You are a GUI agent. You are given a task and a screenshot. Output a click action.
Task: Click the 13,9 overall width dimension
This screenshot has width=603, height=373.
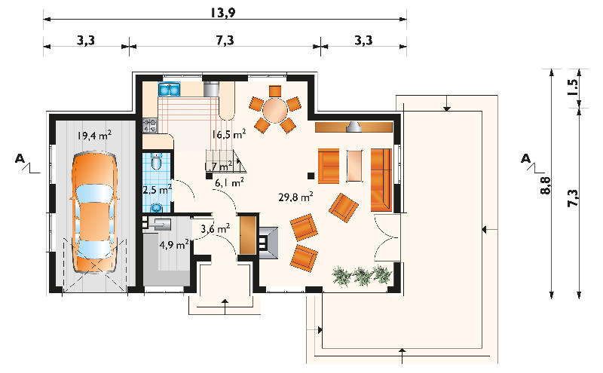(x=223, y=12)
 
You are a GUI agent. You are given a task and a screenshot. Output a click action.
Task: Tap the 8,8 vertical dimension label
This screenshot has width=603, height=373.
(x=545, y=185)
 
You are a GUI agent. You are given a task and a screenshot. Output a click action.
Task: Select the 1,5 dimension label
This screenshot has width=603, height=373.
(x=572, y=87)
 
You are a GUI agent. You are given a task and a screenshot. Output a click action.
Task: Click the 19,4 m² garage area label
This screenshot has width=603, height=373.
(x=94, y=136)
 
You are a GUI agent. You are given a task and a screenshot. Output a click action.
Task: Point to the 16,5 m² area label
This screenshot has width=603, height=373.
(x=228, y=134)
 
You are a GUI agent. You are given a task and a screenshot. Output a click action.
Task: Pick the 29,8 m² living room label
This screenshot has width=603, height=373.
(x=295, y=197)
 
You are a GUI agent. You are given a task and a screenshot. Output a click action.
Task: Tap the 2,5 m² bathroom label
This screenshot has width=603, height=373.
(x=157, y=190)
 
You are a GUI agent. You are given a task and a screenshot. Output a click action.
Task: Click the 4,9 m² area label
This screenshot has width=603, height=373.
(x=174, y=245)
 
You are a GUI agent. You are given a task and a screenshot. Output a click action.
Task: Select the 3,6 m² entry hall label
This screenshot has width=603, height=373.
(x=216, y=229)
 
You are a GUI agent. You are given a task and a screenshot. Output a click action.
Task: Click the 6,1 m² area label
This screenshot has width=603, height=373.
(x=229, y=182)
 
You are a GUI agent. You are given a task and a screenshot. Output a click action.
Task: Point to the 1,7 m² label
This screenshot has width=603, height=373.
(x=219, y=166)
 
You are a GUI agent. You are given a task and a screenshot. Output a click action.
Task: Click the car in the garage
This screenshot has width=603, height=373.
(x=94, y=212)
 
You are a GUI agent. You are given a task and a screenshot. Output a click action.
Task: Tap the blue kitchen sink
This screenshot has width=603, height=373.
(x=169, y=90)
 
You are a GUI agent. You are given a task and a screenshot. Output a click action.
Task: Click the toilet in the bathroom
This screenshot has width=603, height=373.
(x=157, y=161)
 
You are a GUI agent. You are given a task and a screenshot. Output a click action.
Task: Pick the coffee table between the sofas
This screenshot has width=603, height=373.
(x=355, y=166)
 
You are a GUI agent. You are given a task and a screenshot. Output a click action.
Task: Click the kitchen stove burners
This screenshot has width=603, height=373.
(x=150, y=124)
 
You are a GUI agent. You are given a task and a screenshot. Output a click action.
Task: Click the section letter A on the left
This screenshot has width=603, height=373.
(x=20, y=158)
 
